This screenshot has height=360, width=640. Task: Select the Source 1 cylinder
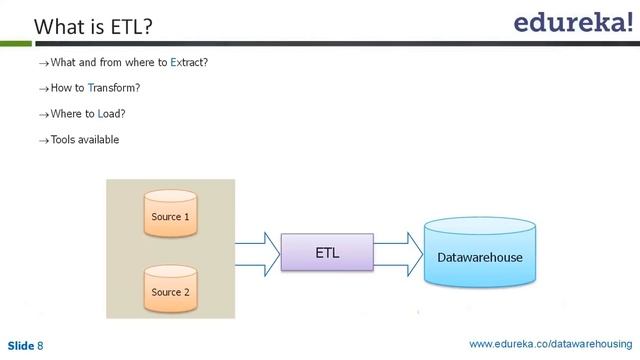pos(169,214)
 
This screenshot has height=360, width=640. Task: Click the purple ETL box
pos(327,253)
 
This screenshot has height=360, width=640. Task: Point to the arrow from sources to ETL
pos(256,253)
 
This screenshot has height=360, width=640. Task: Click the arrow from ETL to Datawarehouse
pos(398,253)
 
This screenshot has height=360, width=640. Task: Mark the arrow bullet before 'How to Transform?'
pos(43,89)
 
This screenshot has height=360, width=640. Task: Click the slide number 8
pos(41,346)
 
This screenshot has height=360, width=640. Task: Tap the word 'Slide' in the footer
pos(20,346)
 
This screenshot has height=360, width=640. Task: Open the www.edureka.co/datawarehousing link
pos(551,345)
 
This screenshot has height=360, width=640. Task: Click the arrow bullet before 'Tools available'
pos(43,141)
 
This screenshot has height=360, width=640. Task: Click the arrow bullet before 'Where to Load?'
pos(43,115)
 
